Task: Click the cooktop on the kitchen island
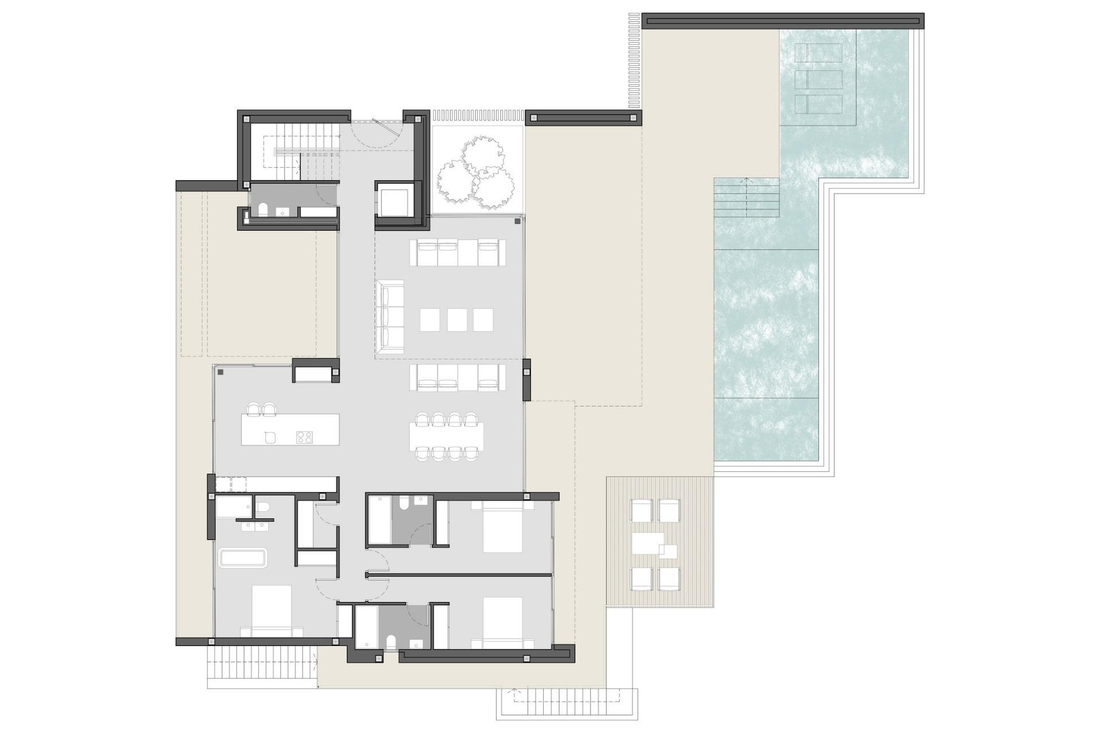(x=304, y=438)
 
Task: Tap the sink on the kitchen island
(x=270, y=438)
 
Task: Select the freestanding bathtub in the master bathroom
(x=243, y=558)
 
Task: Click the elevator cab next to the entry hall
(x=394, y=199)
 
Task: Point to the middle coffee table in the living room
(x=457, y=320)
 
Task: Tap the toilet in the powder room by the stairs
(x=263, y=211)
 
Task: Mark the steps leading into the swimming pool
(x=746, y=198)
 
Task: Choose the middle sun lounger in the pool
(x=819, y=79)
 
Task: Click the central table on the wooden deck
(x=648, y=543)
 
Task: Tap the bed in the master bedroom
(x=271, y=610)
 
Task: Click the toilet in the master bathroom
(x=263, y=507)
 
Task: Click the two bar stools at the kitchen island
(x=261, y=409)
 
